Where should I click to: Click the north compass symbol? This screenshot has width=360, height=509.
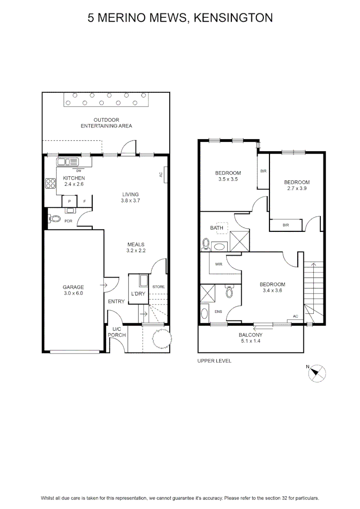(x=317, y=373)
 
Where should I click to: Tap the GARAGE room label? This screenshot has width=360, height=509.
(x=74, y=287)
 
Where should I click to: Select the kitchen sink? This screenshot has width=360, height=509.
(x=67, y=162)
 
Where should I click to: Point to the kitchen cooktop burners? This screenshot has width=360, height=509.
(x=50, y=183)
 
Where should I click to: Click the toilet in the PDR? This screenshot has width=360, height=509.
(x=55, y=219)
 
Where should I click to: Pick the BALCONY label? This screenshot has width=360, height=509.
(x=250, y=335)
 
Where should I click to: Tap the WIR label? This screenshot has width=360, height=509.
(x=219, y=264)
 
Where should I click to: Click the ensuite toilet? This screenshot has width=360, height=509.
(x=229, y=291)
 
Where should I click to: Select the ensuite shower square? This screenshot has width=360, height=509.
(x=207, y=294)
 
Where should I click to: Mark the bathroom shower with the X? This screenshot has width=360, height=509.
(x=239, y=241)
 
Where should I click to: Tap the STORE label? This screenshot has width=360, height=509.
(x=158, y=287)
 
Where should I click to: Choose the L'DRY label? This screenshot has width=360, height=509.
(x=138, y=294)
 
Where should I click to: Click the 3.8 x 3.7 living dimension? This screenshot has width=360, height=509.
(x=130, y=201)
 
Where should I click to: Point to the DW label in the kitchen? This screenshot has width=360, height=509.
(x=79, y=171)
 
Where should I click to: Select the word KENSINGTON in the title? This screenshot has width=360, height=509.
(x=233, y=18)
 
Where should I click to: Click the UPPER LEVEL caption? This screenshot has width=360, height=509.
(x=214, y=361)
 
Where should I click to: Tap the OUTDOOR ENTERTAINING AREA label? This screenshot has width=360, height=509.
(x=106, y=123)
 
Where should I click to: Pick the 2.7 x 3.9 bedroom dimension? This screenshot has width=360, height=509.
(x=297, y=188)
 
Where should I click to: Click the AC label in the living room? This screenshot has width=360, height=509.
(x=161, y=175)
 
